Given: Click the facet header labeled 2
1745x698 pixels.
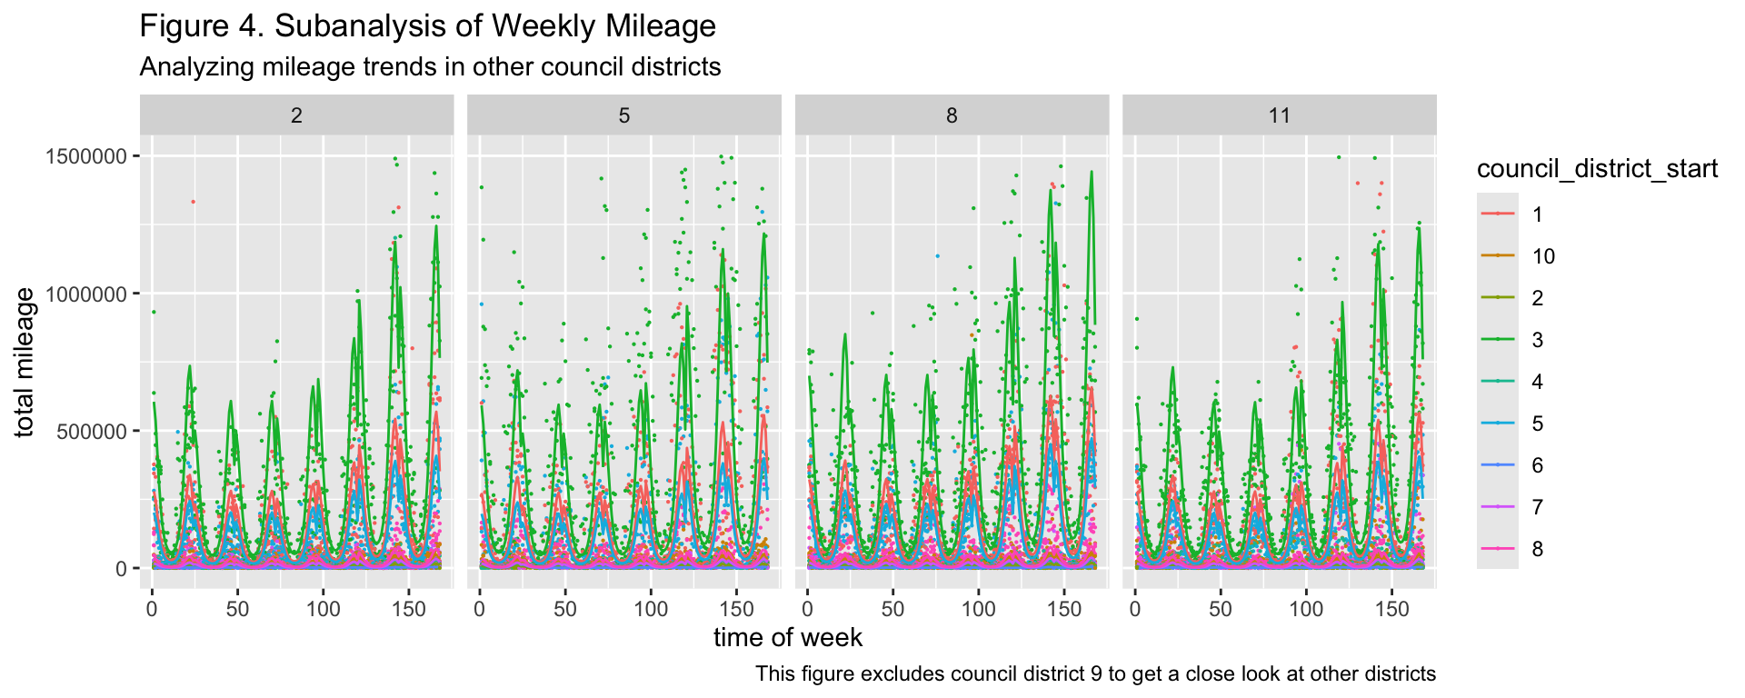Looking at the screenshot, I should (296, 115).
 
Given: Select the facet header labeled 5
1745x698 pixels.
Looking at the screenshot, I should (624, 115).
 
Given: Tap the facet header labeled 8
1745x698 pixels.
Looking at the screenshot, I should (952, 115).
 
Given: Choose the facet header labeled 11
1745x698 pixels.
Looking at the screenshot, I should (1280, 115).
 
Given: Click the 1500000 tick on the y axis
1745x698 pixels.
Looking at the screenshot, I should (86, 156).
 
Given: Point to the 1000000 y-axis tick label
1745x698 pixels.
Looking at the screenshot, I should (86, 294).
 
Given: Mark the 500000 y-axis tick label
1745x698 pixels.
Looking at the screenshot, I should (92, 431).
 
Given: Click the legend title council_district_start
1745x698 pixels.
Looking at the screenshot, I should (1597, 169).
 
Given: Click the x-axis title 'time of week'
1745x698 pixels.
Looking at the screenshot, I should (788, 638).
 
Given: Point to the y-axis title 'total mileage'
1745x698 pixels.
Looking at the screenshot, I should (25, 362).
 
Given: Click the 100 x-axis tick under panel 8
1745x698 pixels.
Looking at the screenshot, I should (979, 608).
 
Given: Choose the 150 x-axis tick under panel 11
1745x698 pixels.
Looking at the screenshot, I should (1391, 608).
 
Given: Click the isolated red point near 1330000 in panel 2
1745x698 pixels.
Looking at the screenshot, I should (194, 202).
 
